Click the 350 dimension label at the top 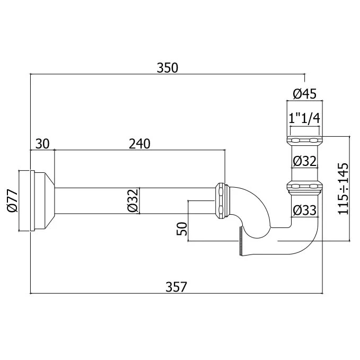coord(168,68)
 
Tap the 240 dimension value coord(139,144)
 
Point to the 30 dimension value coord(42,144)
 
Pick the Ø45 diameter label coord(304,94)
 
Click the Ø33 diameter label coord(304,210)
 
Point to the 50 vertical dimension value coord(181,229)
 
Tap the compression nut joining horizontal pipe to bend coord(221,200)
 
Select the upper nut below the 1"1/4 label coord(304,141)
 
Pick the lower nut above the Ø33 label coord(304,187)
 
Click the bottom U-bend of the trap coord(297,244)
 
